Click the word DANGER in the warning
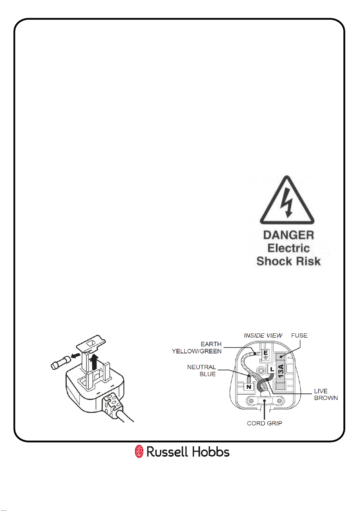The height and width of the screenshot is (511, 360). (x=289, y=235)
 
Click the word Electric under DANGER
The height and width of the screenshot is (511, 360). (x=289, y=248)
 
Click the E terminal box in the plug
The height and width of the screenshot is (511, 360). (x=266, y=355)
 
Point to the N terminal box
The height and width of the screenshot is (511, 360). (x=249, y=387)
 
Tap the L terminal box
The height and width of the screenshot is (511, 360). (x=272, y=369)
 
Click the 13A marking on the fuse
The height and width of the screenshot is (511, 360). (x=281, y=371)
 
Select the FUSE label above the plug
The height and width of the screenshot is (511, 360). (x=299, y=335)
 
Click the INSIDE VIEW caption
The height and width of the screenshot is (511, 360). (x=263, y=335)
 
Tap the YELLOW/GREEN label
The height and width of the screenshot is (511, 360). (x=197, y=351)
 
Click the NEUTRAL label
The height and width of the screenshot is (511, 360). (x=202, y=367)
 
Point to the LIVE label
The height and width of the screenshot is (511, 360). (x=321, y=391)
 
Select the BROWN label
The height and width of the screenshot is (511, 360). (x=326, y=398)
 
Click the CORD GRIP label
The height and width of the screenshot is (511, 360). (x=264, y=423)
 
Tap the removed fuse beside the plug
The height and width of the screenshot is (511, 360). (x=61, y=363)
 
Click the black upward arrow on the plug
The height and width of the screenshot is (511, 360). (x=94, y=362)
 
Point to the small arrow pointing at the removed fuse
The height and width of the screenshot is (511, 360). (x=76, y=355)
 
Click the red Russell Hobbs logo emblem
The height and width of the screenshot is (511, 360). (x=139, y=451)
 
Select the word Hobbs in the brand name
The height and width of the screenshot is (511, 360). (x=210, y=452)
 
